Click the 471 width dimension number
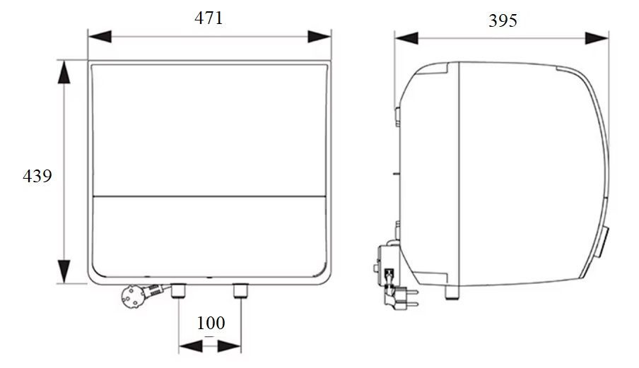click(x=209, y=18)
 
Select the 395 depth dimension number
click(x=503, y=20)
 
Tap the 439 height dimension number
click(x=37, y=175)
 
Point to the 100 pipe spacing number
click(x=210, y=324)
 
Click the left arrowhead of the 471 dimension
click(x=99, y=37)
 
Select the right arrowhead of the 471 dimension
click(x=320, y=37)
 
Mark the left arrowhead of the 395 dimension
click(x=406, y=38)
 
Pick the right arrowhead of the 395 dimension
click(x=597, y=38)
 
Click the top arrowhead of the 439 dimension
click(x=64, y=73)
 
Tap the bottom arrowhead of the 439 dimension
click(x=64, y=271)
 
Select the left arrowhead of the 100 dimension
click(x=189, y=346)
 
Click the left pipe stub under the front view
click(x=177, y=289)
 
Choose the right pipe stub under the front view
click(x=240, y=289)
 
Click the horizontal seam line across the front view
click(x=209, y=195)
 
